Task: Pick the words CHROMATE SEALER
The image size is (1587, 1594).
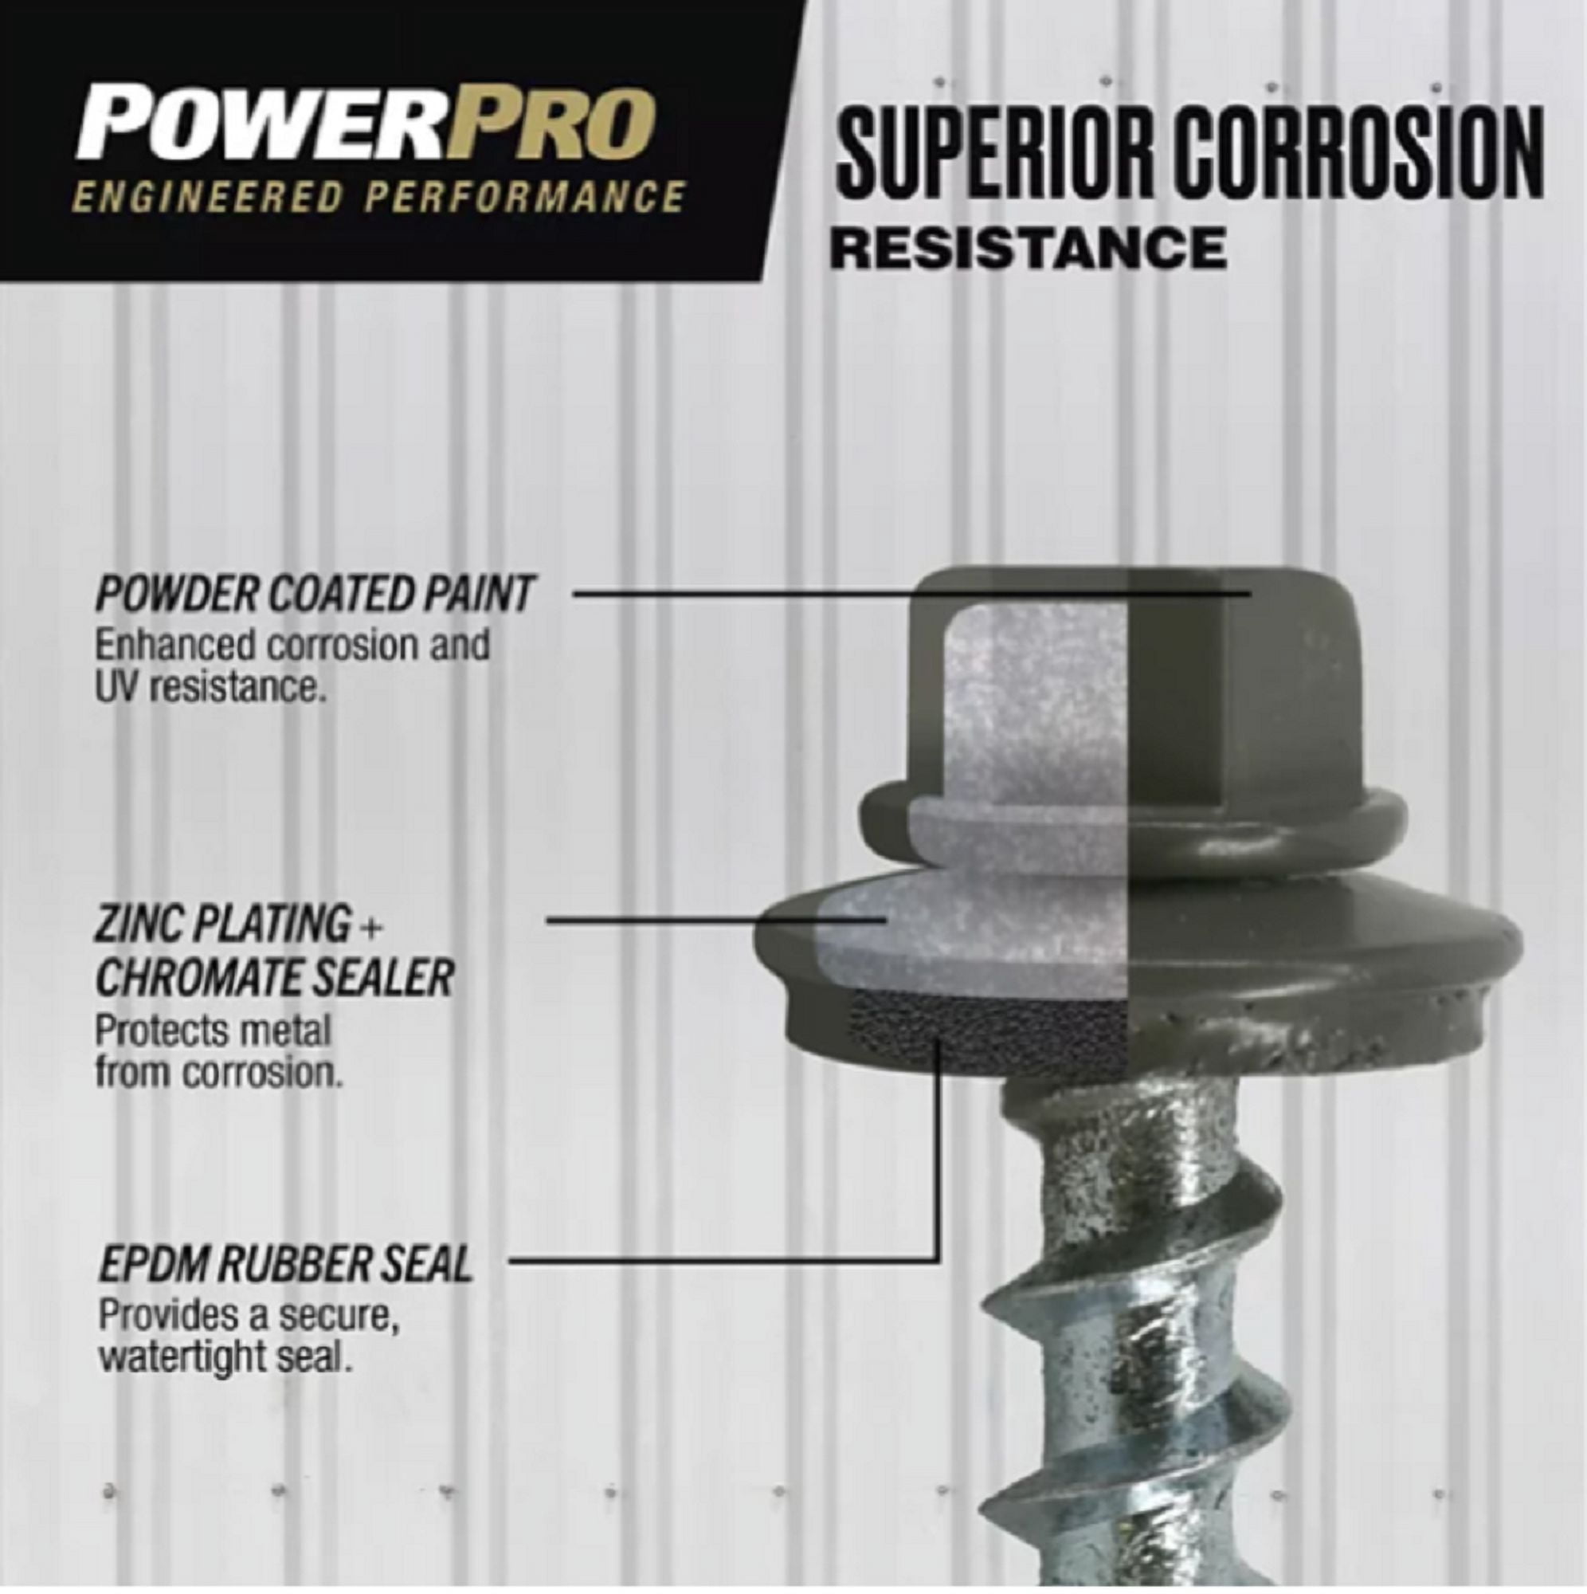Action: pyautogui.click(x=275, y=979)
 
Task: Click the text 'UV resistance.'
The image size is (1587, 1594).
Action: pyautogui.click(x=207, y=686)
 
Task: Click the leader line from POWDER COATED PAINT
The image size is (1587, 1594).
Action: pyautogui.click(x=911, y=592)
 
